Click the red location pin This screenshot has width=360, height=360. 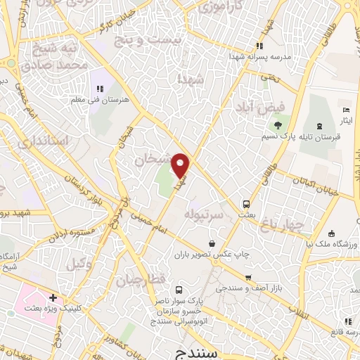[x=181, y=165]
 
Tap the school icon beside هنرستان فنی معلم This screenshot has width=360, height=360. [x=99, y=89]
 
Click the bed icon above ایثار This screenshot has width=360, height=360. [x=345, y=110]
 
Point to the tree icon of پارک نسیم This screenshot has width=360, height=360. [x=278, y=126]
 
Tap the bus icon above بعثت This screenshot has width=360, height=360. [x=246, y=205]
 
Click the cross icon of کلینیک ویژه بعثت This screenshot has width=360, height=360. [x=53, y=298]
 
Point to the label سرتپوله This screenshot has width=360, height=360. [x=204, y=213]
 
